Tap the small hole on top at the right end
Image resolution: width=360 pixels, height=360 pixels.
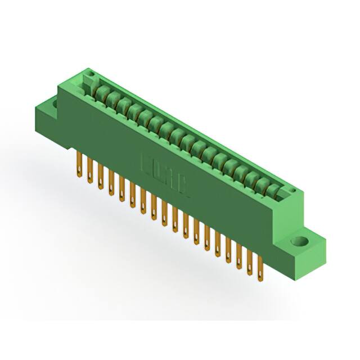[x=292, y=193]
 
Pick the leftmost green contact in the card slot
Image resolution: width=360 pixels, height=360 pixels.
[x=102, y=92]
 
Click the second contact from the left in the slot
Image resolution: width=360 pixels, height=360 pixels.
[x=112, y=98]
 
